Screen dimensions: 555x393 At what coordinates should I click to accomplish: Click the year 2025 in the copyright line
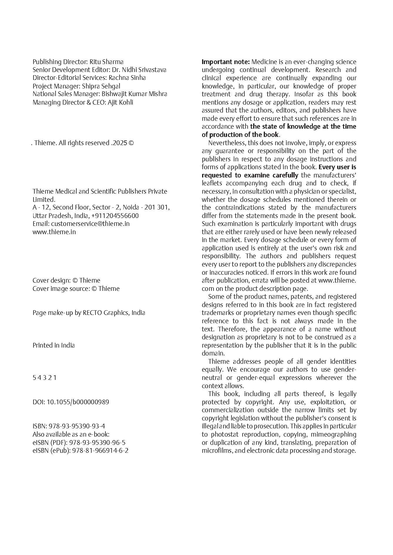[119, 143]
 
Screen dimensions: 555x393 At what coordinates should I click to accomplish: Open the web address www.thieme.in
[54, 232]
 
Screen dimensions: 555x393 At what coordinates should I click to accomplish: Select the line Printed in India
[53, 345]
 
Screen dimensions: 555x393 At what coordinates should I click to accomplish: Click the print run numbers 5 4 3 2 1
[44, 378]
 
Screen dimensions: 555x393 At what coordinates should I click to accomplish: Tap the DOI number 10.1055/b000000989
[78, 402]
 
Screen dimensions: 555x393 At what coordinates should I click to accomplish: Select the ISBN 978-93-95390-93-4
[77, 426]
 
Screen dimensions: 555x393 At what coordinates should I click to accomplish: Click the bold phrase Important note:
[226, 62]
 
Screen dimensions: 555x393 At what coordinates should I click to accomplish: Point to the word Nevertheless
[227, 143]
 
